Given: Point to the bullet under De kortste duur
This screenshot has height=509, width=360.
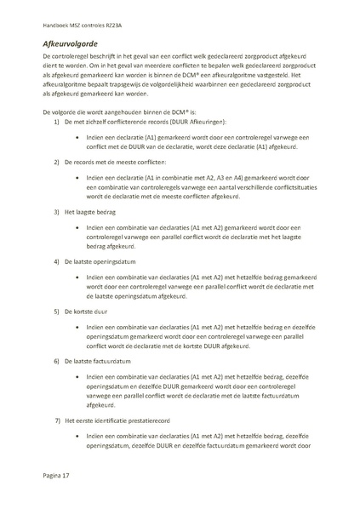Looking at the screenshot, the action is click(77, 328).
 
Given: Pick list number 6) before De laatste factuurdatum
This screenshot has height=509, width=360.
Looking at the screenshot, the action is click(57, 362).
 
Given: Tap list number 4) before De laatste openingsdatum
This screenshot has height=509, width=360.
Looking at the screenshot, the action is click(57, 261).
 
